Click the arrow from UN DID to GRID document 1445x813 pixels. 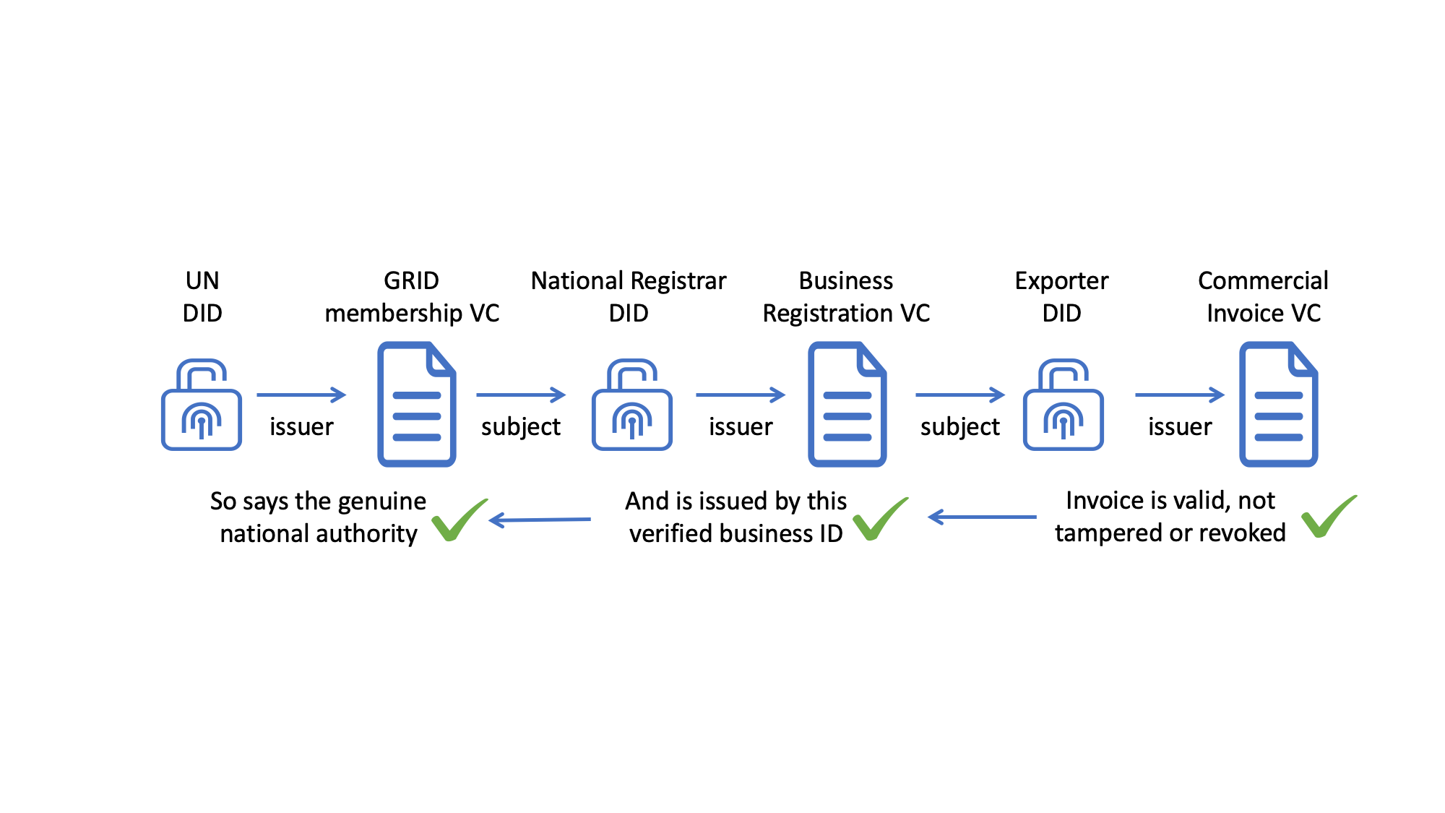pyautogui.click(x=302, y=395)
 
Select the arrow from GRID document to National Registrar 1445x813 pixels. pyautogui.click(x=522, y=395)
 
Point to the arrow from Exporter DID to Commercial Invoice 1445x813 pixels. pyautogui.click(x=1181, y=395)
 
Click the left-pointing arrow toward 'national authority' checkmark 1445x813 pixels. pyautogui.click(x=540, y=520)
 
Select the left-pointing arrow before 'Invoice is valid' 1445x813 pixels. pyautogui.click(x=982, y=517)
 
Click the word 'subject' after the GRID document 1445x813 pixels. pyautogui.click(x=521, y=427)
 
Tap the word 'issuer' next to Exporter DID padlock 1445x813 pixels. pyautogui.click(x=1180, y=426)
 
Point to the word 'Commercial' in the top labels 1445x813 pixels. pyautogui.click(x=1263, y=280)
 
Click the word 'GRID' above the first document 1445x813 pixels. pyautogui.click(x=411, y=280)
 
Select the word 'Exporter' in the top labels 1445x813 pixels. pyautogui.click(x=1061, y=280)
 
